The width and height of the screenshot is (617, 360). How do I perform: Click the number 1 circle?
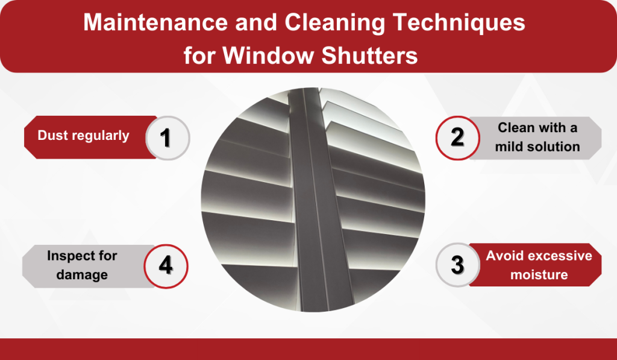click(x=168, y=137)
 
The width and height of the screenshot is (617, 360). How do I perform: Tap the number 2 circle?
click(x=457, y=137)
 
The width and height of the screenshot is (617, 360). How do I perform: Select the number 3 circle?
click(x=457, y=265)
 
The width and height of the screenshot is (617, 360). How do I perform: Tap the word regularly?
click(x=99, y=136)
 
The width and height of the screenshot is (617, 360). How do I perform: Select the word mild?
click(x=513, y=147)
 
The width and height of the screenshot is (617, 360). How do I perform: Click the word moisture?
click(x=539, y=274)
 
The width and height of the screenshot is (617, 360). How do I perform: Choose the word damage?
click(x=83, y=274)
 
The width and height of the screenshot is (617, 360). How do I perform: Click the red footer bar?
click(x=308, y=349)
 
